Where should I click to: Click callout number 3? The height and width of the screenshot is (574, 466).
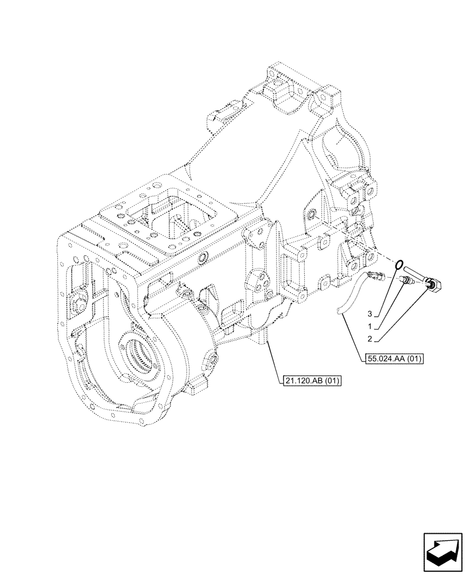click(371, 314)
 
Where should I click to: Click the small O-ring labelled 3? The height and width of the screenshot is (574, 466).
click(397, 265)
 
